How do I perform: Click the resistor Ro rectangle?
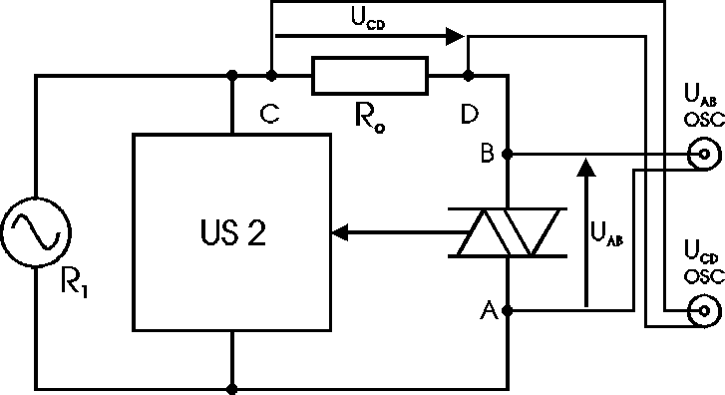(x=369, y=75)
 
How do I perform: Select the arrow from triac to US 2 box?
(x=389, y=233)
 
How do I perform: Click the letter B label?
(x=488, y=154)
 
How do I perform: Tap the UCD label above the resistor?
(x=370, y=19)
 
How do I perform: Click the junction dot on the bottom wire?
(x=232, y=388)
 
